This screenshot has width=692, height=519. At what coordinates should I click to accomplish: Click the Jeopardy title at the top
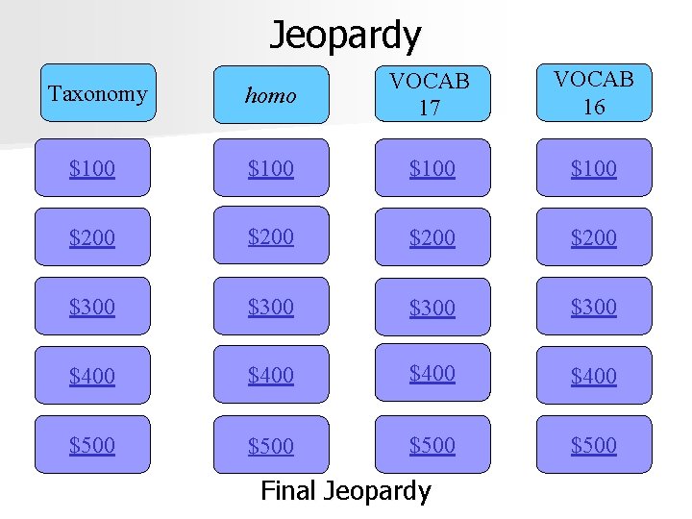(345, 36)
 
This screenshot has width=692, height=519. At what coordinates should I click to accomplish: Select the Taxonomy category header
(98, 94)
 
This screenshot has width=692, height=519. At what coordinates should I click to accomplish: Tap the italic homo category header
(270, 95)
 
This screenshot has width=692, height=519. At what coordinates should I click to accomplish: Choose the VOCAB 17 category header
(431, 94)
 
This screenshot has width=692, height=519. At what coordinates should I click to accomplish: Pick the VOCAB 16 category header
(594, 92)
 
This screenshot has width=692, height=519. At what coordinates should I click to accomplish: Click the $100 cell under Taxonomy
(92, 168)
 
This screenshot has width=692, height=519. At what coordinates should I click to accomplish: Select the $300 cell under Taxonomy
(92, 307)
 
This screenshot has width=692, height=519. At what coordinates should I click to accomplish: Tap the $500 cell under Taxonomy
(92, 445)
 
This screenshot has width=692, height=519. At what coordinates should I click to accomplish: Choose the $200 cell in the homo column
(271, 236)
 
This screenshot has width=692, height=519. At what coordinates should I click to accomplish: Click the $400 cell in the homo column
(271, 376)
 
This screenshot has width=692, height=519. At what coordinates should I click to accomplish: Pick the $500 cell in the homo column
(271, 445)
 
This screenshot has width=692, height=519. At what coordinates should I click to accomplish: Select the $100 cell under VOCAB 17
(432, 168)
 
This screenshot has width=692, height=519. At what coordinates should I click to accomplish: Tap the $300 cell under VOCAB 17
(432, 308)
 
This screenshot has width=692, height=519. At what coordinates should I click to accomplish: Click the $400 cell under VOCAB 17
(432, 373)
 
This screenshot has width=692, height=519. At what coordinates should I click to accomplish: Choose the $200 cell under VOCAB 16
(594, 237)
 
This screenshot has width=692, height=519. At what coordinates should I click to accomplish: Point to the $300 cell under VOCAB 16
(594, 307)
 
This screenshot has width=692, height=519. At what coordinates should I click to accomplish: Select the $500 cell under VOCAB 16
(594, 445)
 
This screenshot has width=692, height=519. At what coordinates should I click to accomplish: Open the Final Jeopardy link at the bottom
(346, 491)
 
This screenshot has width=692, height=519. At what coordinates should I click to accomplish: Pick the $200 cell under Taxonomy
(92, 237)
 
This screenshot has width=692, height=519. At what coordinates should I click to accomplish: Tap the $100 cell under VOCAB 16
(594, 168)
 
